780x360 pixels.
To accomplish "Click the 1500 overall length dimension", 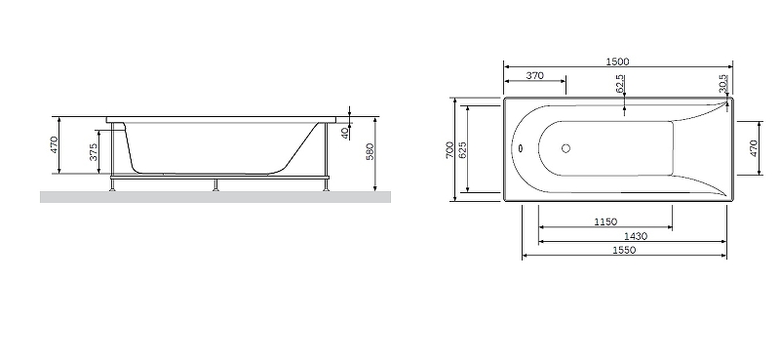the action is pos(617,61).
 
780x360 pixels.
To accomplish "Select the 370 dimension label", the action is pos(534,76).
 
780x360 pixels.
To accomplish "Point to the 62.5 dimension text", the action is pos(620,84).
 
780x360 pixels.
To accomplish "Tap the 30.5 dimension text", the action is pos(722,84).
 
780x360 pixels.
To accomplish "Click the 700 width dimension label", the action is pos(449,150).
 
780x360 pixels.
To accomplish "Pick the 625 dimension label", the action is pos(462,150).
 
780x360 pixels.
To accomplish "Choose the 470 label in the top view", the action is pos(753,148).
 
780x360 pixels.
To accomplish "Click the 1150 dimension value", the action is pos(605,222).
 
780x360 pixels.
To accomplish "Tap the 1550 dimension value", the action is pos(624,251).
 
